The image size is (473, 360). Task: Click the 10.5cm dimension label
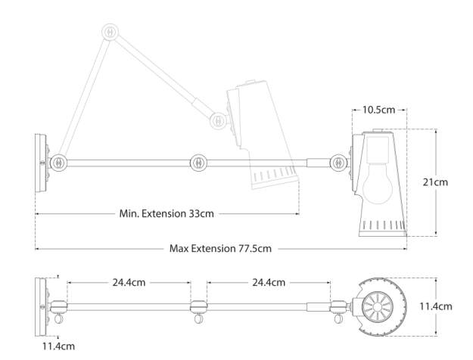[378, 110]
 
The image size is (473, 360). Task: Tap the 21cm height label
[435, 182]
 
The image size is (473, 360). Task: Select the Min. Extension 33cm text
[166, 213]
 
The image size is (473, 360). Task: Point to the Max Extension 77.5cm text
[220, 248]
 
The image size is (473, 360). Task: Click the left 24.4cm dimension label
[129, 283]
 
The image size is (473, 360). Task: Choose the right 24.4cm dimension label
[269, 283]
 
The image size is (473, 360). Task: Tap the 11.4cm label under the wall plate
[58, 346]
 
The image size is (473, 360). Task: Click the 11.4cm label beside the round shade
[436, 306]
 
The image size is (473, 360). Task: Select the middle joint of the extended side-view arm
[198, 163]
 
